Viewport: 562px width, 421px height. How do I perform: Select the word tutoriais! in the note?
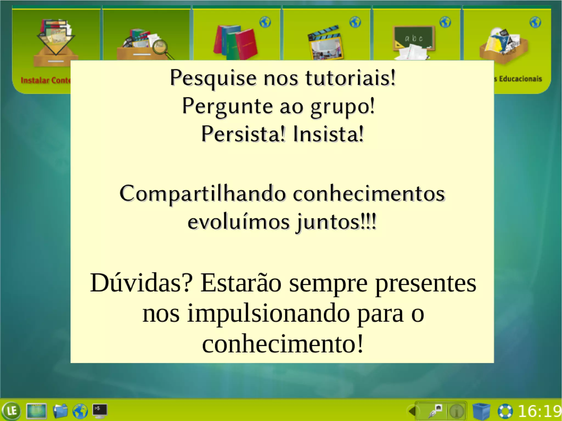350,78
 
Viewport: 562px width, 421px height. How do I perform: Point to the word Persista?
243,134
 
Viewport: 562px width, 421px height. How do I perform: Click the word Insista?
328,134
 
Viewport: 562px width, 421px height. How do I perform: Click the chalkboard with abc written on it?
414,38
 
